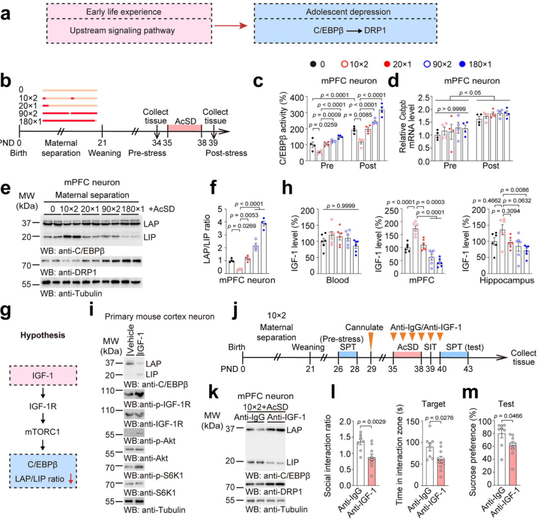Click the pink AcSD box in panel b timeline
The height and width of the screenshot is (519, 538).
point(184,122)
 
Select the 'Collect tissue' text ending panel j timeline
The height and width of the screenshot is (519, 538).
point(521,357)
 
